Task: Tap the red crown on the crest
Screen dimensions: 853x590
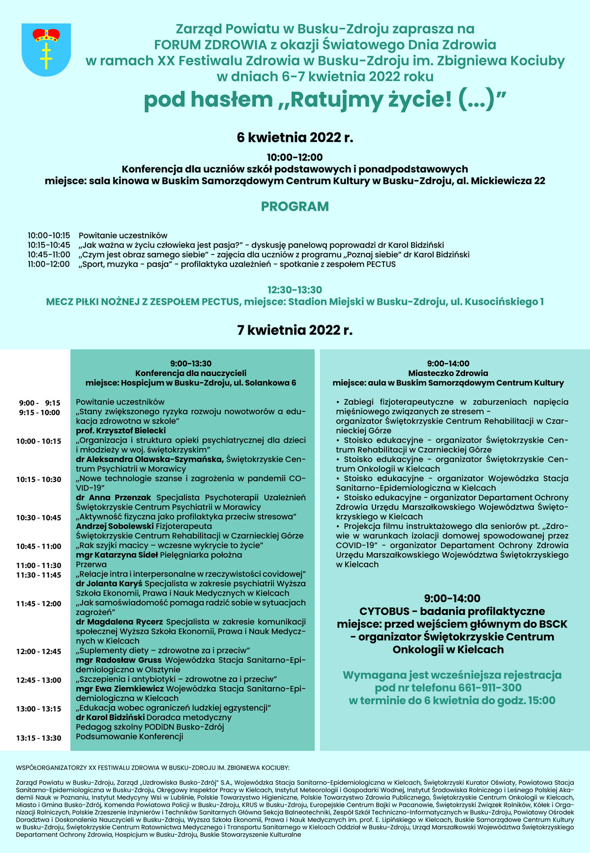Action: point(47,35)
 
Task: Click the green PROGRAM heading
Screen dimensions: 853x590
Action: point(295,206)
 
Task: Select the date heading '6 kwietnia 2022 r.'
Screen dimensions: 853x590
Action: point(295,137)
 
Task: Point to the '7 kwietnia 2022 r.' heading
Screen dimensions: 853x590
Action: point(295,330)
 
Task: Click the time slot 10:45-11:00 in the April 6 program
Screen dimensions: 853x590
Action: point(49,255)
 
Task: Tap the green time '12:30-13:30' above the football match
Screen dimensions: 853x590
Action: point(295,289)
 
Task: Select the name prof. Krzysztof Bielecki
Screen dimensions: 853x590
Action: point(114,430)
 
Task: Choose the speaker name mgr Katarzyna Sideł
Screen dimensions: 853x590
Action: point(117,555)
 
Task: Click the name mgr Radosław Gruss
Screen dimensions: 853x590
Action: point(118,660)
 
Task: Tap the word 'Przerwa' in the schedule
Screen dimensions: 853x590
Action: point(92,565)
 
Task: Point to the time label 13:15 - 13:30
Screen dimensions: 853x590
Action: point(39,738)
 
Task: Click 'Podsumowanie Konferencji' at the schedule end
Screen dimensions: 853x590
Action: point(129,737)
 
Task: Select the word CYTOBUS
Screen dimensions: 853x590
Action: point(384,611)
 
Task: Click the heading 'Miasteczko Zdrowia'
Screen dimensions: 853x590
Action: point(448,373)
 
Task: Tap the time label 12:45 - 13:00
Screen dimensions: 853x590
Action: point(39,680)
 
